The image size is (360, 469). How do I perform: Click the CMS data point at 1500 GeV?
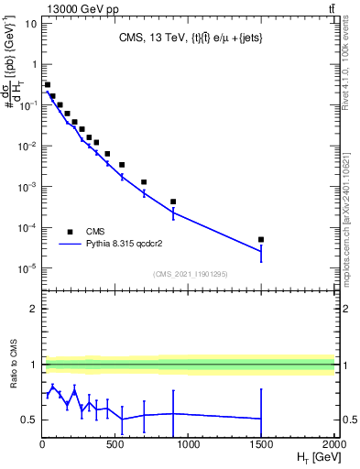(261, 239)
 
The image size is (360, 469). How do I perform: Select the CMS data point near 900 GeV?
(173, 202)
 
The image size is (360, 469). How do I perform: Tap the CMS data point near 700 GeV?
(144, 182)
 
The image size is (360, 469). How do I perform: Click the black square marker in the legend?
(69, 232)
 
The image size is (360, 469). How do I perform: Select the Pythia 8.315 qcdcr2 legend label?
(123, 245)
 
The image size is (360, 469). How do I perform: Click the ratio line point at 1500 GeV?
(261, 419)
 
